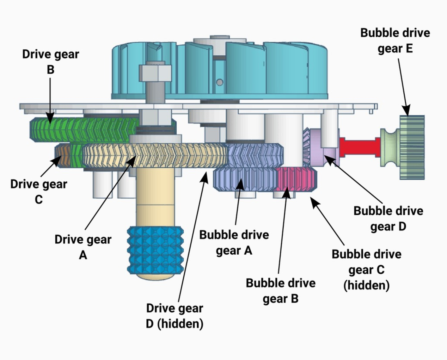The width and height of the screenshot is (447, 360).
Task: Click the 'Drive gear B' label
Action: (51, 62)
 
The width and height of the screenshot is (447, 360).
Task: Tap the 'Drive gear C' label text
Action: (39, 192)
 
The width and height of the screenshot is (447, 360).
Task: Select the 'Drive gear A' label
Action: (83, 247)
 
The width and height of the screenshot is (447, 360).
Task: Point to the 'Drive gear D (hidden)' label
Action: (175, 316)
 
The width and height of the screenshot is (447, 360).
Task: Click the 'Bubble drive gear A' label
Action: (234, 243)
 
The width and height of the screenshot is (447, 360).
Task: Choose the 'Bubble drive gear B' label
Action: (280, 291)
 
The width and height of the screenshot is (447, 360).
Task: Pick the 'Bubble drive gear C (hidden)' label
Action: (366, 270)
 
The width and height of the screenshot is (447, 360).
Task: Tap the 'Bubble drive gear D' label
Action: (388, 219)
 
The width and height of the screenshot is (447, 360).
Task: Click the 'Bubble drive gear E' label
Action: (395, 40)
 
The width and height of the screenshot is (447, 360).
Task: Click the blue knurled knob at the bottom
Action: (155, 250)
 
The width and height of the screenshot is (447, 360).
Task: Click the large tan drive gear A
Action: (155, 155)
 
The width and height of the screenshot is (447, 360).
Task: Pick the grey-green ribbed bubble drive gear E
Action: (412, 147)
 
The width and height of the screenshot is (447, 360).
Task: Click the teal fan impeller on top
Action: (220, 70)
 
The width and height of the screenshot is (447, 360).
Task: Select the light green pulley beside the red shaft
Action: (390, 147)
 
